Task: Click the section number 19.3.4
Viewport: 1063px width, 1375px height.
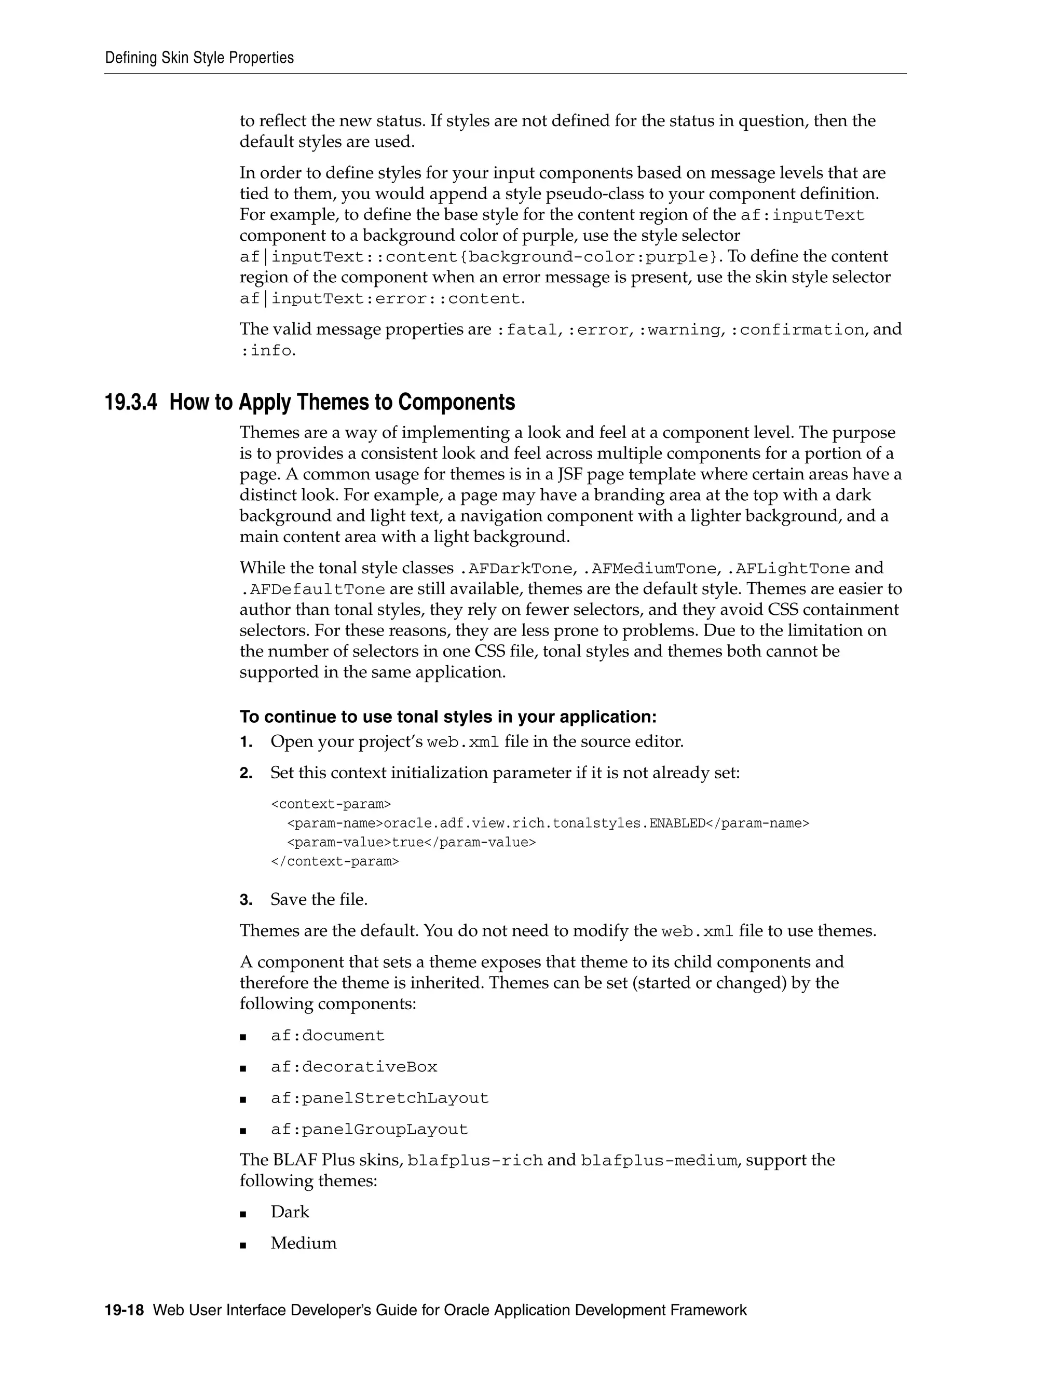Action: point(130,402)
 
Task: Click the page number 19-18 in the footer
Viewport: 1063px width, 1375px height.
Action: point(124,1310)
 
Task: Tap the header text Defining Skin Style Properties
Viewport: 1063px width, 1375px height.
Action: point(199,58)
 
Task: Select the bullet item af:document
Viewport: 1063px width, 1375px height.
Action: point(328,1036)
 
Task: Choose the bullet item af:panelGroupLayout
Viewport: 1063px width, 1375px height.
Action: point(370,1130)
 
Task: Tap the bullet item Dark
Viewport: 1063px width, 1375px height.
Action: point(290,1212)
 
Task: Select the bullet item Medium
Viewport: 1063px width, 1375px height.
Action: point(304,1243)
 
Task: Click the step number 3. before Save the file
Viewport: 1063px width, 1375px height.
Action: point(246,900)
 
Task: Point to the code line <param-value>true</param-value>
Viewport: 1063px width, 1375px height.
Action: point(411,842)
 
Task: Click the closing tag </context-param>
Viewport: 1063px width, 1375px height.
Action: point(335,861)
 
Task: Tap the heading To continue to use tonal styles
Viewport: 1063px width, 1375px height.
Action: point(448,717)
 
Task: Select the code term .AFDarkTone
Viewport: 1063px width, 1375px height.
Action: point(515,569)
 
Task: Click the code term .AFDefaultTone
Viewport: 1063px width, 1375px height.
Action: point(312,589)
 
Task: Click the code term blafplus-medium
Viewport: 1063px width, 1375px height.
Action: point(658,1160)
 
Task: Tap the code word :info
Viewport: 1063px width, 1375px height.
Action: point(265,351)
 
